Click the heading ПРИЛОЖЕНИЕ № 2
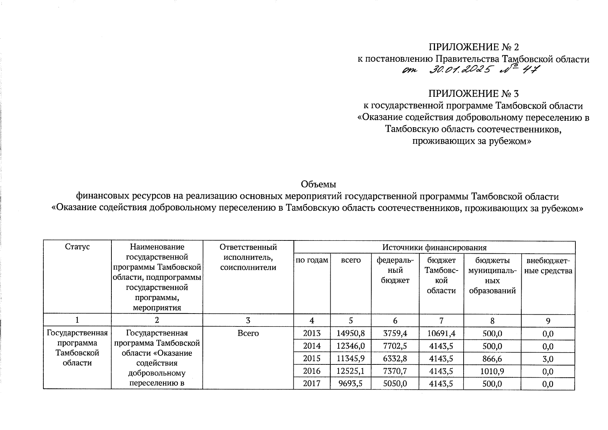[x=473, y=47]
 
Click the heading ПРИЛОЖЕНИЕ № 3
[x=473, y=94]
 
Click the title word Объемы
[x=318, y=185]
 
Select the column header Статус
[x=77, y=247]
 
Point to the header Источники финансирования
[x=434, y=247]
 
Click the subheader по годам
[x=311, y=261]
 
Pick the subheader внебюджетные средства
[x=548, y=266]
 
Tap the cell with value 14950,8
[x=350, y=334]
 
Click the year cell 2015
[x=311, y=358]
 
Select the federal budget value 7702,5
[x=395, y=346]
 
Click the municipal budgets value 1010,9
[x=492, y=371]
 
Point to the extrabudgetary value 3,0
[x=548, y=359]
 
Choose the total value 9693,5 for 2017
[x=350, y=384]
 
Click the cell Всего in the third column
[x=248, y=334]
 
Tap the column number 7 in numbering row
[x=441, y=321]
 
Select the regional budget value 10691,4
[x=441, y=334]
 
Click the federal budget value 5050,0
[x=395, y=384]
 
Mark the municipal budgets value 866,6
[x=492, y=359]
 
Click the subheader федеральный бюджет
[x=395, y=271]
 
